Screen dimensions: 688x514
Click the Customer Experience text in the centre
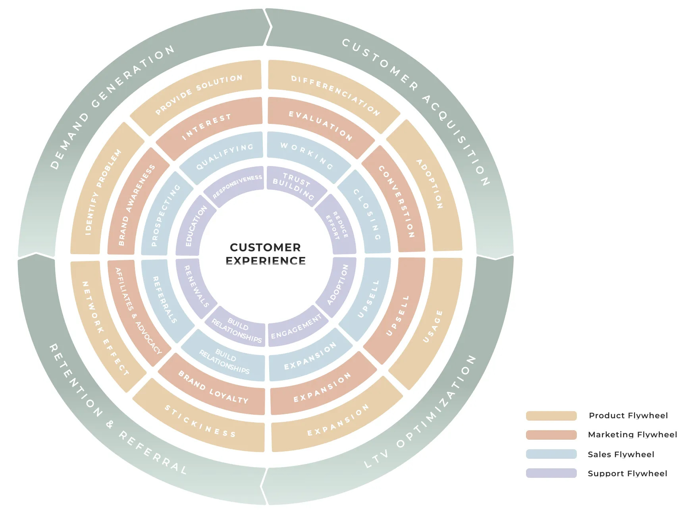pos(265,254)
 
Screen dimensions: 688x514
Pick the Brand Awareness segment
pos(137,205)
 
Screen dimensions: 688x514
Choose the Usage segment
pos(432,326)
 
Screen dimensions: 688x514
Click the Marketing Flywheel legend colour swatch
pos(551,435)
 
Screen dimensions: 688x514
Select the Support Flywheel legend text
pos(627,473)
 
